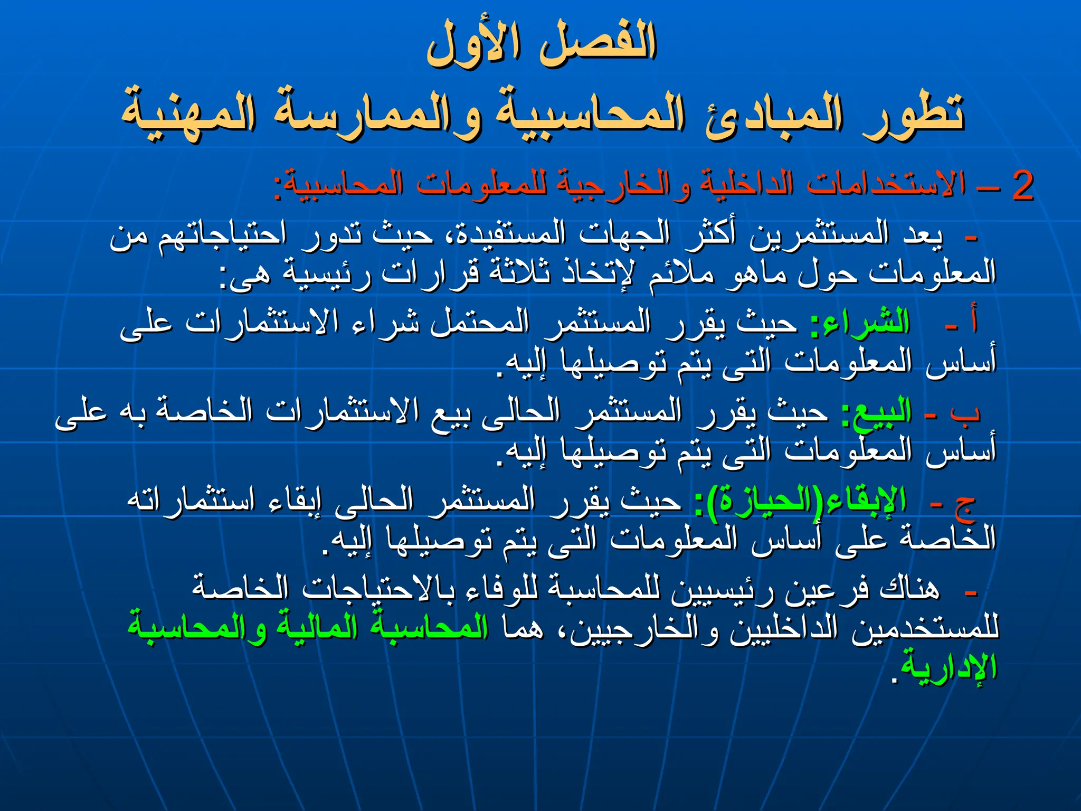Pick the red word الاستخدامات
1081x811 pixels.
887,185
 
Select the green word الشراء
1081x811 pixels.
860,322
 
